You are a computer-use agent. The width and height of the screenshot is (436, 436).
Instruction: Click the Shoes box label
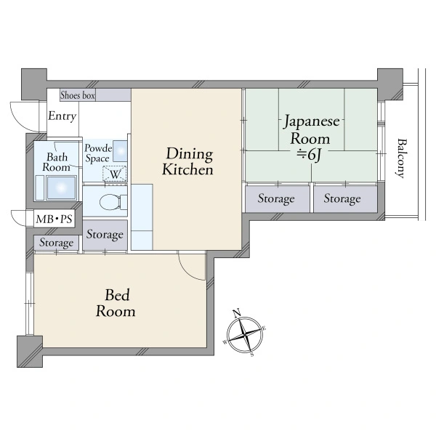[78, 95]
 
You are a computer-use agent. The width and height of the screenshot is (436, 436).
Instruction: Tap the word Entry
[62, 116]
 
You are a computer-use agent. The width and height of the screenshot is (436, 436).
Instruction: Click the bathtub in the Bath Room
[62, 187]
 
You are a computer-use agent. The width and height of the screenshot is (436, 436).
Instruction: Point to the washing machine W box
[115, 174]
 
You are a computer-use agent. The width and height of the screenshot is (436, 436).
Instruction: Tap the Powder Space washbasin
[120, 151]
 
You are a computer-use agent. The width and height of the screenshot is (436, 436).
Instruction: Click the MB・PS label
[54, 219]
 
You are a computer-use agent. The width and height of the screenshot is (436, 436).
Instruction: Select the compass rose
[245, 334]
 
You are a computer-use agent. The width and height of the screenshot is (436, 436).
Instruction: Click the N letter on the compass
[237, 313]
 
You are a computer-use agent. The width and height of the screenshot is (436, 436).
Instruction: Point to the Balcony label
[400, 158]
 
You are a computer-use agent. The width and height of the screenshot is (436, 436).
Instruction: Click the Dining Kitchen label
[188, 161]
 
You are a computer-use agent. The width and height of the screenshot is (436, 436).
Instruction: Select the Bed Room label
[116, 303]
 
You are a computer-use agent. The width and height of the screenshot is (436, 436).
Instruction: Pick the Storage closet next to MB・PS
[56, 243]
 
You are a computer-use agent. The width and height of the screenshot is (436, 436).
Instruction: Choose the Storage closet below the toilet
[105, 235]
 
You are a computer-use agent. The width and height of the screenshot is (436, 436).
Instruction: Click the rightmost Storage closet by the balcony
[345, 198]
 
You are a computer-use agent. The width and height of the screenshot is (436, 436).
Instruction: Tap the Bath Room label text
[57, 162]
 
